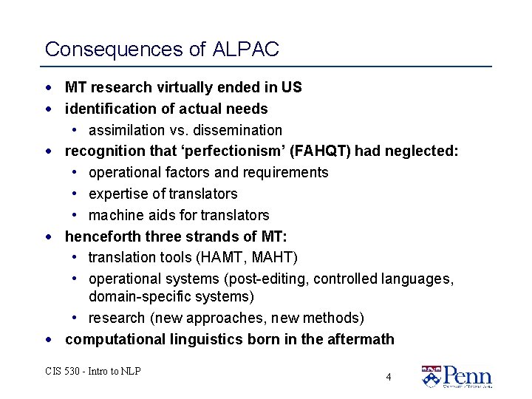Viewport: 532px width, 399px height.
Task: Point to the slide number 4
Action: pyautogui.click(x=389, y=377)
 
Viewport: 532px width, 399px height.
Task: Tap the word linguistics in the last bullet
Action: pyautogui.click(x=204, y=340)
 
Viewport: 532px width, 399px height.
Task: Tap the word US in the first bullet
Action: pyautogui.click(x=292, y=87)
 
